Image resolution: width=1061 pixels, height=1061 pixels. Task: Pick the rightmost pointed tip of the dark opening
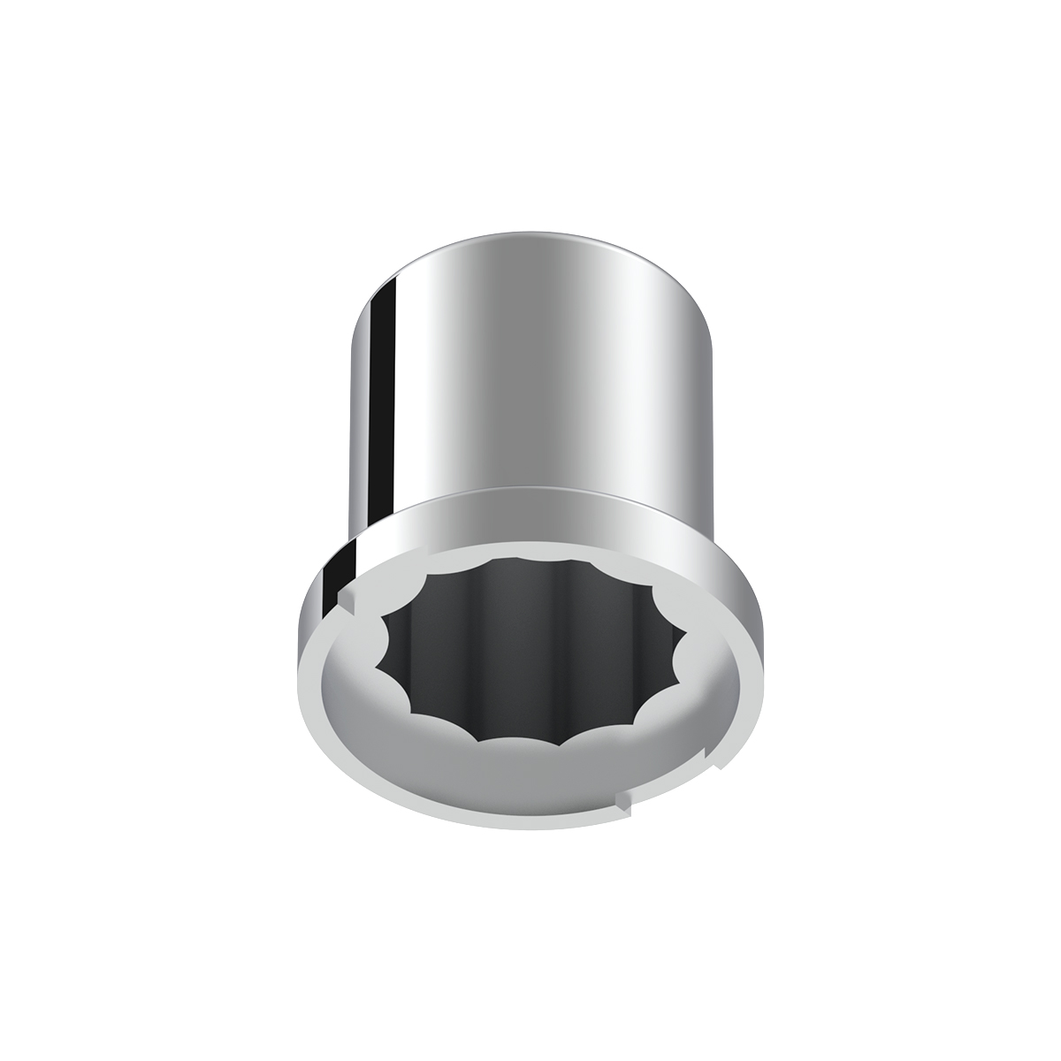[x=686, y=634]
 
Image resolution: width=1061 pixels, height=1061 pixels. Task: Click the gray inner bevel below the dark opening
[x=530, y=778]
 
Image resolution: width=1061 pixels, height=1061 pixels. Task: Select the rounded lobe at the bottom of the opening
[x=522, y=741]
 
